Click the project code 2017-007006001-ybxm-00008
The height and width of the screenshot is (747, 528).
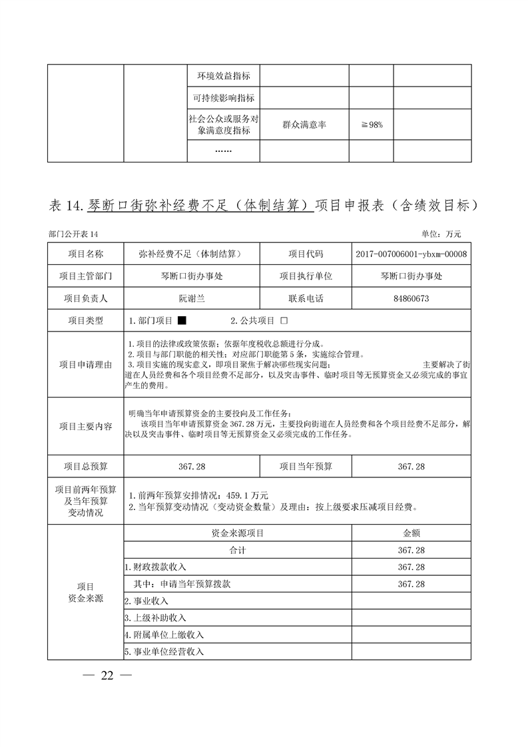pyautogui.click(x=411, y=254)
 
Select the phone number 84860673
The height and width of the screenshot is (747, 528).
pyautogui.click(x=411, y=298)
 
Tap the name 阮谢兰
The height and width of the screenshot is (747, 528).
pyautogui.click(x=192, y=298)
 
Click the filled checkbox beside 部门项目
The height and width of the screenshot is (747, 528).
pyautogui.click(x=182, y=321)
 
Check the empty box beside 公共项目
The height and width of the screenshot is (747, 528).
pyautogui.click(x=284, y=321)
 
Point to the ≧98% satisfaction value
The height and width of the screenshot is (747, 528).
pyautogui.click(x=371, y=124)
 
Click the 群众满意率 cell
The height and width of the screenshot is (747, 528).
pyautogui.click(x=304, y=124)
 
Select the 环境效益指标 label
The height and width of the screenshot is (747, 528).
pyautogui.click(x=224, y=76)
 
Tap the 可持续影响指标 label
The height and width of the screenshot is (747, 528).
pyautogui.click(x=224, y=98)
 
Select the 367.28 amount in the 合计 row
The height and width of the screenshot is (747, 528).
pyautogui.click(x=411, y=550)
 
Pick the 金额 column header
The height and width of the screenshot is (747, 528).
pyautogui.click(x=411, y=533)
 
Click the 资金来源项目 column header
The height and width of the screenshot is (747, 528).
pyautogui.click(x=238, y=533)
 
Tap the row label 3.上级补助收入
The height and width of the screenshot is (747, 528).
pyautogui.click(x=156, y=618)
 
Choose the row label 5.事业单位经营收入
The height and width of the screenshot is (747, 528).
pyautogui.click(x=164, y=652)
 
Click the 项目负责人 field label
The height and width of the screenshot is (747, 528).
pyautogui.click(x=86, y=298)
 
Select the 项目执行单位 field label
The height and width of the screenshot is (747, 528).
pyautogui.click(x=306, y=276)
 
